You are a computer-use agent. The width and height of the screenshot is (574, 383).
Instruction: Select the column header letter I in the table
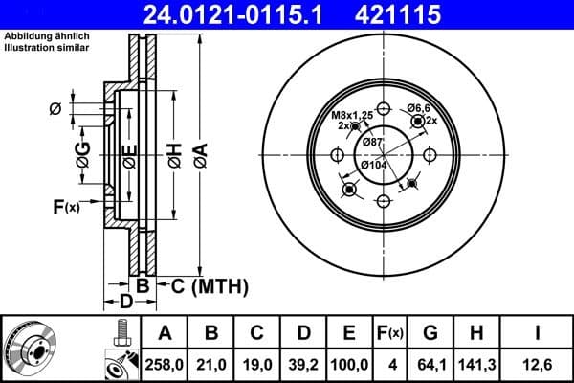[539, 332]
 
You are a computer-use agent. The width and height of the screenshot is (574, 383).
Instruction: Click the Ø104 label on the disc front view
[374, 165]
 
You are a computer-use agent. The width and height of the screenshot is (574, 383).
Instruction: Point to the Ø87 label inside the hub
[372, 142]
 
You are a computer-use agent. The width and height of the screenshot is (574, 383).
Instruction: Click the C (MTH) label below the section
[208, 285]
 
